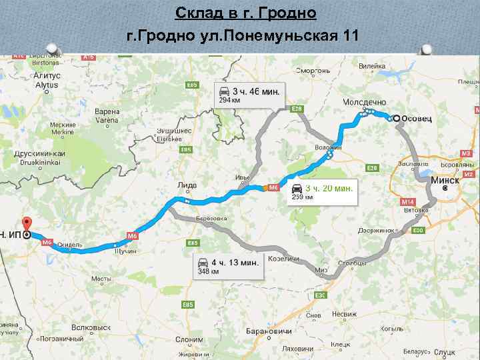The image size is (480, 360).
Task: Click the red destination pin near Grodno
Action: point(27,224)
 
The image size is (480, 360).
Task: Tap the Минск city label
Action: point(445,180)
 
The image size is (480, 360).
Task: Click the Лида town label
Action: point(187,185)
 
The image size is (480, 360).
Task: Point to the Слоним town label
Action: point(189,339)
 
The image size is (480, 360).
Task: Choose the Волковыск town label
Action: point(91,327)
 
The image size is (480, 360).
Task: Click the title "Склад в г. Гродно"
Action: point(245,13)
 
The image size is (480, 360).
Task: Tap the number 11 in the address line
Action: point(347,35)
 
